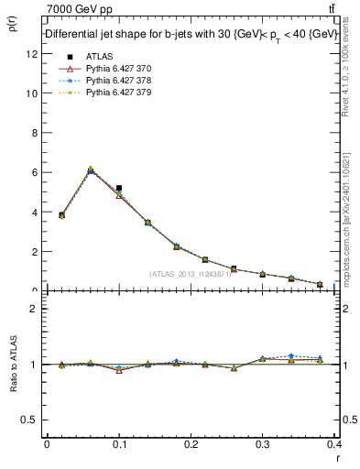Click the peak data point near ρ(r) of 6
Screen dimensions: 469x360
[90, 170]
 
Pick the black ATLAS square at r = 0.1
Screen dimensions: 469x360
[119, 188]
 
